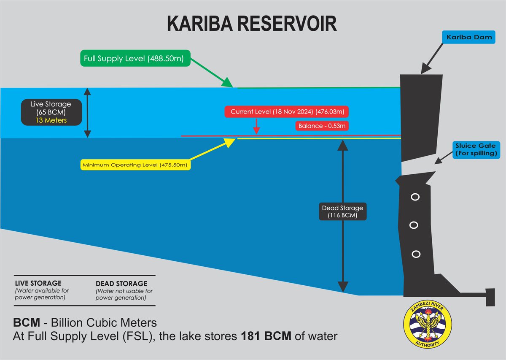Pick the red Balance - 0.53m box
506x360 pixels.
click(322, 126)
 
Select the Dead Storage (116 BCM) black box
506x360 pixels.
click(343, 212)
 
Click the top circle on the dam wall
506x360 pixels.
click(415, 197)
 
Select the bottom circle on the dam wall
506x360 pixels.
click(416, 254)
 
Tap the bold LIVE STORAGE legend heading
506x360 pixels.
click(38, 283)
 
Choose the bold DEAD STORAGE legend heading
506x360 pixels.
click(121, 284)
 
